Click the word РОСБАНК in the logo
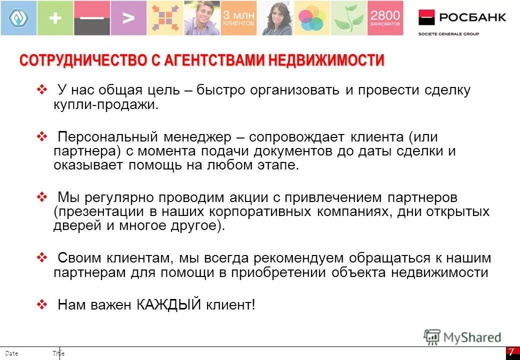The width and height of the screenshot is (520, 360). [x=472, y=17]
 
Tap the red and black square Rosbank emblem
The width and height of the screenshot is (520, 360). [x=426, y=17]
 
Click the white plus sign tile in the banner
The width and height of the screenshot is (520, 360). [x=55, y=18]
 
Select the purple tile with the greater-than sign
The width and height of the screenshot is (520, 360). [x=128, y=18]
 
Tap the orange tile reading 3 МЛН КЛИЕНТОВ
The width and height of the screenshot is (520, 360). [x=238, y=18]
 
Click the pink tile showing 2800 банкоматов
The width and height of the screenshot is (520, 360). [x=385, y=18]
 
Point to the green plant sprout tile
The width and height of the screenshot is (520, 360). [x=348, y=18]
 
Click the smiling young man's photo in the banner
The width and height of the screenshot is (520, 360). [x=202, y=18]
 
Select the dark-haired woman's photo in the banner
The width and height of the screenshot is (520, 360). [x=275, y=18]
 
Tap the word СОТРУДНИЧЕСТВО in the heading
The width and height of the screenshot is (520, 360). [x=82, y=61]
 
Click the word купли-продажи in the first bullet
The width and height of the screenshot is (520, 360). [x=105, y=105]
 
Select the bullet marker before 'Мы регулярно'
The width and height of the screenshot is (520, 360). [x=42, y=197]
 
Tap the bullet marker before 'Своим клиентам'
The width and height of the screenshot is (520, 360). [x=42, y=258]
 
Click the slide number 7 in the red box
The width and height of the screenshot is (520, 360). [x=511, y=351]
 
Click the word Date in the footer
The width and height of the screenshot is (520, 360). [x=12, y=353]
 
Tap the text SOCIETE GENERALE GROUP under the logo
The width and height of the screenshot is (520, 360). [x=448, y=34]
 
